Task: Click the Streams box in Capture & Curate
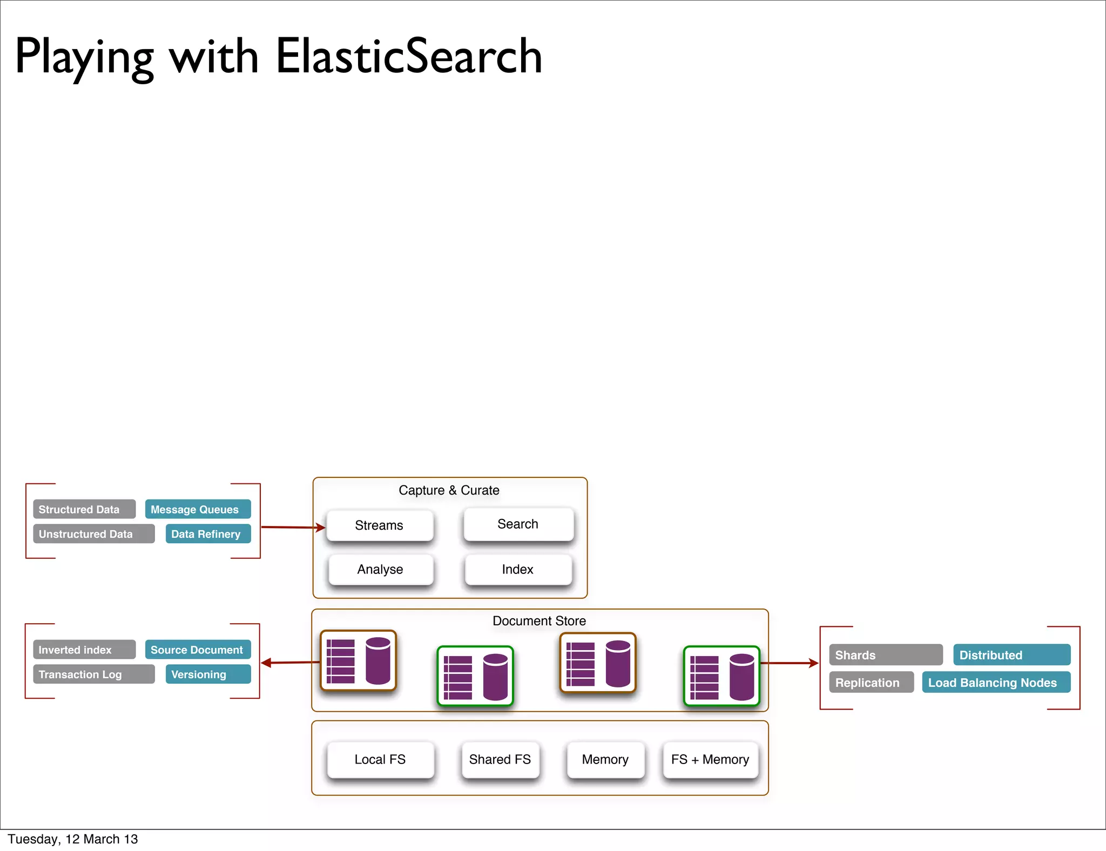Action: click(x=380, y=525)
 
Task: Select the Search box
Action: click(x=518, y=524)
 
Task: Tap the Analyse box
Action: click(x=380, y=570)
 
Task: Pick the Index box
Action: click(x=518, y=570)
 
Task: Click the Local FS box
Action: click(x=380, y=760)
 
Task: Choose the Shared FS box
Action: click(x=500, y=760)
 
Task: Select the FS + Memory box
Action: click(x=710, y=760)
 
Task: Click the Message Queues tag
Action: click(x=197, y=509)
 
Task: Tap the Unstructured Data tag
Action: click(x=93, y=534)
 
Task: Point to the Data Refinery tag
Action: click(x=207, y=534)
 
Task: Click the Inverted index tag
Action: click(x=84, y=650)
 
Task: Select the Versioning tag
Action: click(x=207, y=674)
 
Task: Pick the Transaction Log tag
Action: click(x=93, y=674)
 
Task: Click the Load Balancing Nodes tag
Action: click(x=996, y=683)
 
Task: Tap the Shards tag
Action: click(x=886, y=655)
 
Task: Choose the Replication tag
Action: click(x=871, y=683)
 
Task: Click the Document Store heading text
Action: click(x=539, y=621)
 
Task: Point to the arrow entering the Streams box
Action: click(x=293, y=527)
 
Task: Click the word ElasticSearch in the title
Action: click(x=409, y=56)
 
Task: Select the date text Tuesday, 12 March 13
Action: click(x=73, y=839)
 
